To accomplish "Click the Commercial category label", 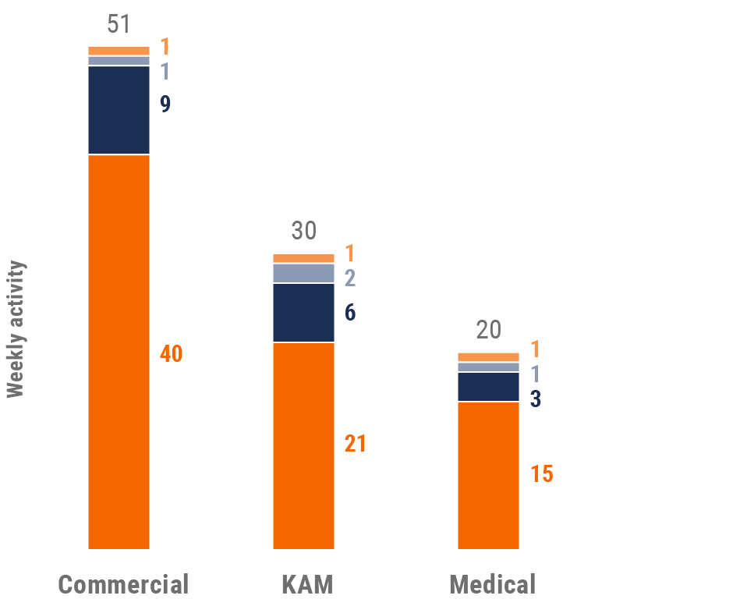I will click(x=123, y=584).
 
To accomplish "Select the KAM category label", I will click(x=307, y=584).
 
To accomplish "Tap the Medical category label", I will click(x=492, y=584).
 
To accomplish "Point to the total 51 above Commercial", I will click(x=119, y=23).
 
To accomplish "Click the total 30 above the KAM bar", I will click(x=304, y=231).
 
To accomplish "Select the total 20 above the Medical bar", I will click(x=488, y=330).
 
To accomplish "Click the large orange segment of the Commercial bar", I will click(x=119, y=352).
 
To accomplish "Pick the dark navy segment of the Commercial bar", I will click(x=119, y=110).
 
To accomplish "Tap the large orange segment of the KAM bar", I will click(x=303, y=445).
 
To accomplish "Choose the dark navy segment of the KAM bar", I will click(x=303, y=313).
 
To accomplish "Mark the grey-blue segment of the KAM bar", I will click(x=303, y=273).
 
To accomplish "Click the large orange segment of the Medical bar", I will click(x=488, y=475).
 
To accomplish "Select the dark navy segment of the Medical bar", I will click(x=488, y=387).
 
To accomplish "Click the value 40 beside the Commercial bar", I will click(x=172, y=353).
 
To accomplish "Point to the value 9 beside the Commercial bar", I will click(x=165, y=105).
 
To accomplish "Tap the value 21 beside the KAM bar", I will click(x=356, y=444).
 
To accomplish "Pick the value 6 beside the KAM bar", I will click(x=350, y=313).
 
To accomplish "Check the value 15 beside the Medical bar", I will click(x=542, y=473).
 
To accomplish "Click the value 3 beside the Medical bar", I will click(x=536, y=399).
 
